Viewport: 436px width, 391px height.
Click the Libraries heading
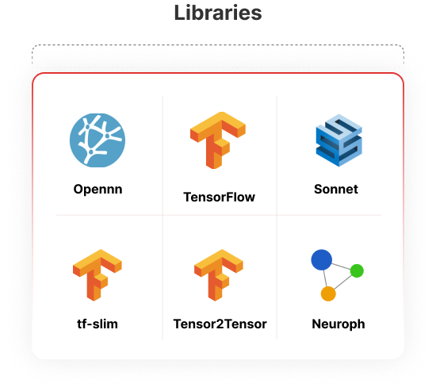(x=218, y=13)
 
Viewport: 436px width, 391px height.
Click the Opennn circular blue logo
(x=98, y=140)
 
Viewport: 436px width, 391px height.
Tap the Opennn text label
(x=98, y=190)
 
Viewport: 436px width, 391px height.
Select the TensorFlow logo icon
(x=218, y=140)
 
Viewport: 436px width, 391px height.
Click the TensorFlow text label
(x=219, y=197)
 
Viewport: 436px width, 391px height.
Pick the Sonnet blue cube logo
(x=339, y=140)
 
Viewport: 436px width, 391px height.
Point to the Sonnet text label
(x=336, y=190)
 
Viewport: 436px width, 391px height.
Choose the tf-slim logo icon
(x=98, y=275)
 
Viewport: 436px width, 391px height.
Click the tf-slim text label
(x=98, y=324)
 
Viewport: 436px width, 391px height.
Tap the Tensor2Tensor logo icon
(x=219, y=275)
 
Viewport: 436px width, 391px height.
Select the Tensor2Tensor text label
(x=220, y=324)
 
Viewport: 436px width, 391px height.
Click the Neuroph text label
(x=338, y=324)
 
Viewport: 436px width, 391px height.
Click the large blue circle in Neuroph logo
(x=321, y=259)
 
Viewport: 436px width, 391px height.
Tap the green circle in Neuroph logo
(x=357, y=270)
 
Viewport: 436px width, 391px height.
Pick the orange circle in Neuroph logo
(x=328, y=293)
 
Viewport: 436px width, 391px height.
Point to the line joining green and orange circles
(x=342, y=282)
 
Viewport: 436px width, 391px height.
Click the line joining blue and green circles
(x=341, y=266)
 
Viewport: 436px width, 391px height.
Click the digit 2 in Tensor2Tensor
(x=220, y=324)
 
